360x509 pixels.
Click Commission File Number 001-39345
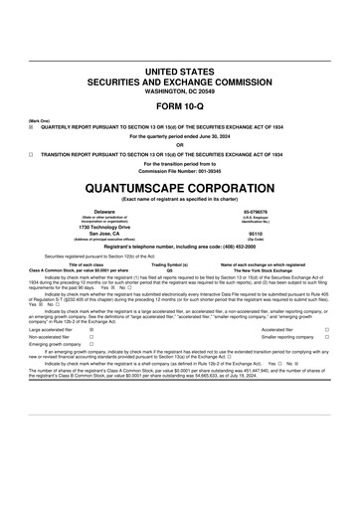pos(179,171)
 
